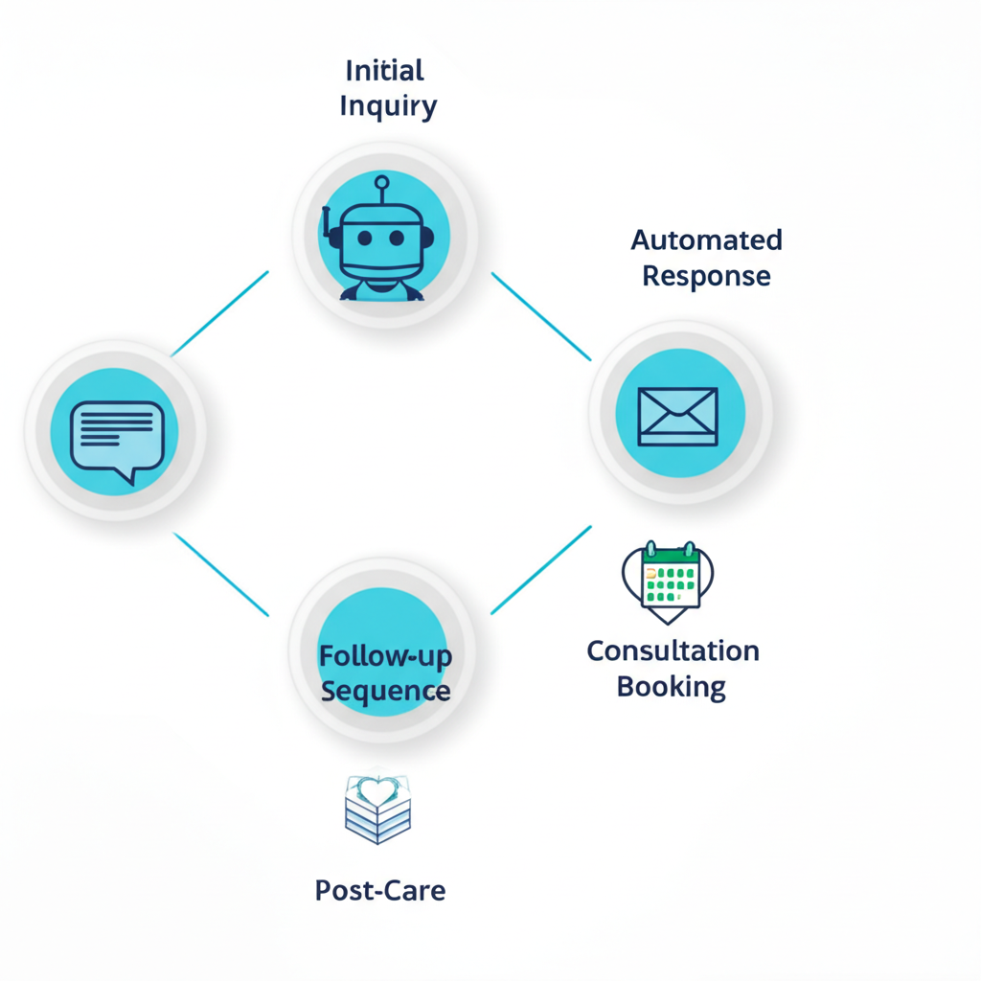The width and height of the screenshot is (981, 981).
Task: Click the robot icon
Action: (x=382, y=240)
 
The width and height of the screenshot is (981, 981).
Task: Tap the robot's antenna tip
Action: (x=382, y=181)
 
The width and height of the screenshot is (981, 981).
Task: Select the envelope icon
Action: (x=677, y=417)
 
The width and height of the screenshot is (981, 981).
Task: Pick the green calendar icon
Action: (x=669, y=578)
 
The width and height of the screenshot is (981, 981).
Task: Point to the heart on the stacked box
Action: (x=377, y=791)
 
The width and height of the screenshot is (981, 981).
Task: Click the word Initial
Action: (x=384, y=71)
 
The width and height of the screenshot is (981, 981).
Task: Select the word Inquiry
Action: (x=388, y=106)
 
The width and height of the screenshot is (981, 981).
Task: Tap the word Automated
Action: (x=706, y=240)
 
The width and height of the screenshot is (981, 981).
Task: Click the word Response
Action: (x=706, y=276)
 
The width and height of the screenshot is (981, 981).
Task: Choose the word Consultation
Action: (x=673, y=650)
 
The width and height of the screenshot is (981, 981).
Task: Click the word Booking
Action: (x=671, y=687)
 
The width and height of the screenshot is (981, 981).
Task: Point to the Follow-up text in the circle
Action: (x=384, y=656)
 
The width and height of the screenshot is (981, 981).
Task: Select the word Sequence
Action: (x=385, y=691)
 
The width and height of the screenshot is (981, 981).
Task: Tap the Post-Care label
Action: (x=380, y=890)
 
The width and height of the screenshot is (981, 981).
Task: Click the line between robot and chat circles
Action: (x=220, y=313)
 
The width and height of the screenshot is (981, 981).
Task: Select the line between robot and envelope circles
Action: (x=541, y=317)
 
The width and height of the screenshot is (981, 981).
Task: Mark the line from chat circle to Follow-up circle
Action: (x=221, y=574)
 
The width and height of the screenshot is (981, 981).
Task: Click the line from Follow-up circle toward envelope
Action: (x=541, y=569)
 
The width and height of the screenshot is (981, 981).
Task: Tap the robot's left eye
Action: (x=364, y=239)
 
